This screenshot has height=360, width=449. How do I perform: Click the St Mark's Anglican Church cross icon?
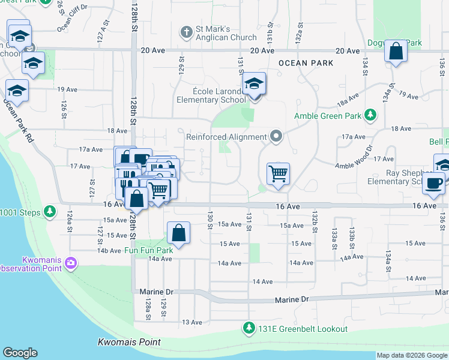[187, 31]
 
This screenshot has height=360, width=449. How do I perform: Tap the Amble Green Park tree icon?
[371, 115]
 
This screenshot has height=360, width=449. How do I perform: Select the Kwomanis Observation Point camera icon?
[71, 263]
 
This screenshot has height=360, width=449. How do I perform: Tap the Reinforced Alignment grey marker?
[276, 137]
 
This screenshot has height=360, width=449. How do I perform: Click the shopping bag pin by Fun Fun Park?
[178, 233]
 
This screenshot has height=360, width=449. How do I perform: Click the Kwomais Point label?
[129, 342]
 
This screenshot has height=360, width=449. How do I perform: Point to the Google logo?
[20, 353]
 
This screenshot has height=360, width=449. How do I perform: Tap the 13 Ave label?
[192, 322]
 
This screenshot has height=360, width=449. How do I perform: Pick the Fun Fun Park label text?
[148, 250]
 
